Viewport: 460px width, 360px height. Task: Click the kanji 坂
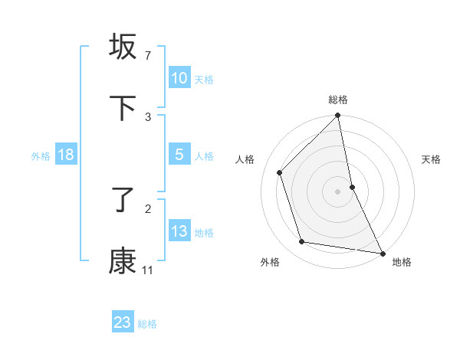[x=123, y=47]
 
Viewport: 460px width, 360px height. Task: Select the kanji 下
[x=123, y=108]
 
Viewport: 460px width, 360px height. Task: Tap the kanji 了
[x=123, y=201]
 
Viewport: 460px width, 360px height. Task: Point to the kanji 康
[x=123, y=261]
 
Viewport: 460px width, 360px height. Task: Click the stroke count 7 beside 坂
[x=148, y=56]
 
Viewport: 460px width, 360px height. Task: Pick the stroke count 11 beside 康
[x=148, y=270]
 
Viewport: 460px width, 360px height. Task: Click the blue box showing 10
[x=179, y=78]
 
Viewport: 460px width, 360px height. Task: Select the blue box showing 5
[x=179, y=155]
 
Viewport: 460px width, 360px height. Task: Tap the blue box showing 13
[x=179, y=231]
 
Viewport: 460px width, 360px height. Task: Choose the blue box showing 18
[x=66, y=155]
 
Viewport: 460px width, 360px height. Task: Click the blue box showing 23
[x=123, y=322]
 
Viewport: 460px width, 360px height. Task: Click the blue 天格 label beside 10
[x=204, y=79]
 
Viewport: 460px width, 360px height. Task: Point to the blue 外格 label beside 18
[x=41, y=155]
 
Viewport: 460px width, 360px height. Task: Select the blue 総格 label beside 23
[x=147, y=323]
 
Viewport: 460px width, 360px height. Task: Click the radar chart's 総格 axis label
[x=338, y=100]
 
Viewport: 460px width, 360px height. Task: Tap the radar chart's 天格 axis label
[x=432, y=159]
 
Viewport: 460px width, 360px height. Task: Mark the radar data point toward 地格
[x=382, y=253]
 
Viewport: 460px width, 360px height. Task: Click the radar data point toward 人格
[x=280, y=172]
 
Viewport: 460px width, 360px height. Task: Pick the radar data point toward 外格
[x=302, y=242]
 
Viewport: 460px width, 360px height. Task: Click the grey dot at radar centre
[x=338, y=191]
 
